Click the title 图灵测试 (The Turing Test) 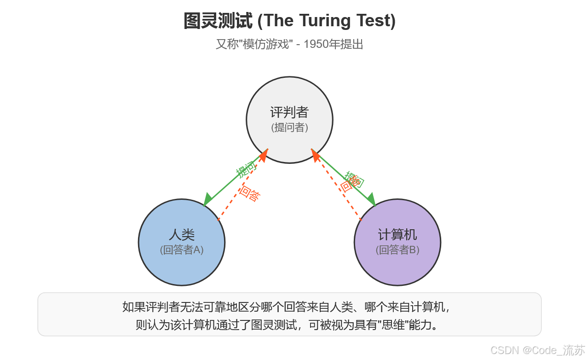tap(289, 21)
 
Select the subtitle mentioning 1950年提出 tap(289, 45)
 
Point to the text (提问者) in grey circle tap(289, 128)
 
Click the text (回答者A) tap(181, 250)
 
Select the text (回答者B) tap(397, 250)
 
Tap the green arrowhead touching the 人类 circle tap(208, 200)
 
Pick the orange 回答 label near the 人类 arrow tap(250, 194)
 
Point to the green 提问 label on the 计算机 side tap(355, 179)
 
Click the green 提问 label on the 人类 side tap(245, 170)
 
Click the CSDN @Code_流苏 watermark tap(537, 350)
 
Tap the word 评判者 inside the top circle tap(289, 112)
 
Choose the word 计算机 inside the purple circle tap(397, 235)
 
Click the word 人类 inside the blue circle tap(181, 235)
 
